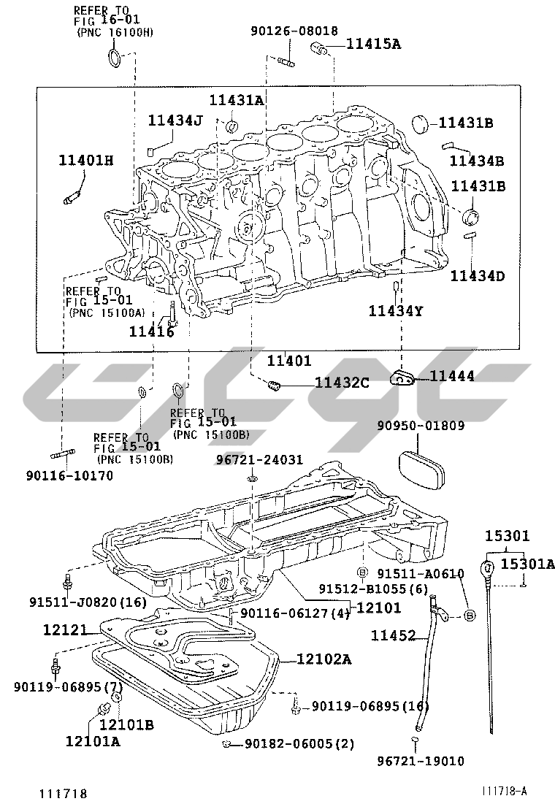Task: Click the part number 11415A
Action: tap(373, 44)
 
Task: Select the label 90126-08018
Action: tap(294, 31)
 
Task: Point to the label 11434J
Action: tap(176, 120)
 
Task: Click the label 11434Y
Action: tap(396, 312)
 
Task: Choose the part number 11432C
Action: tap(342, 382)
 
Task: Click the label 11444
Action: tap(451, 376)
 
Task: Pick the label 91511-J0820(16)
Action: tap(88, 602)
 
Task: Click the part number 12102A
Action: tap(324, 659)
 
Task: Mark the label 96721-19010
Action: tap(421, 762)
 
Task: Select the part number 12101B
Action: tap(126, 724)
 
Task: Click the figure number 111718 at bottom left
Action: tap(64, 794)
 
